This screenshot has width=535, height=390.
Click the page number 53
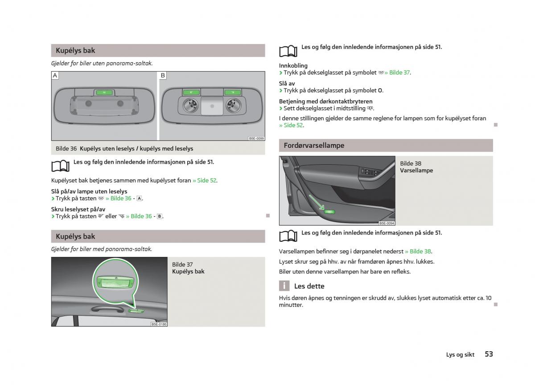[x=489, y=354]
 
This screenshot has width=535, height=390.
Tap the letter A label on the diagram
[x=55, y=76]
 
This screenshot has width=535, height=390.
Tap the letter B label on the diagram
[x=163, y=76]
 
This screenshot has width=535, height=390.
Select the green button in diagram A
[x=104, y=93]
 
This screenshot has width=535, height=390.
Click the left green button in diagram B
[x=190, y=93]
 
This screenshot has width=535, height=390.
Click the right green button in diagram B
[x=232, y=93]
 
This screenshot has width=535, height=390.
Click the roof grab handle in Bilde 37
[x=107, y=309]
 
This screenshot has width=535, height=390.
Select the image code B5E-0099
[x=256, y=138]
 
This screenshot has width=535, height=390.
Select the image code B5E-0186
[x=159, y=324]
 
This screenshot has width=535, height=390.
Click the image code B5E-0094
[x=387, y=223]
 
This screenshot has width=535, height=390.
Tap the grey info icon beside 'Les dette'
[x=284, y=286]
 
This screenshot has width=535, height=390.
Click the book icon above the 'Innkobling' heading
[x=288, y=51]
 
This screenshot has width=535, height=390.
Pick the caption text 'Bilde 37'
[x=182, y=264]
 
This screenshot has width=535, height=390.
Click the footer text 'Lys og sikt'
[x=460, y=355]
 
